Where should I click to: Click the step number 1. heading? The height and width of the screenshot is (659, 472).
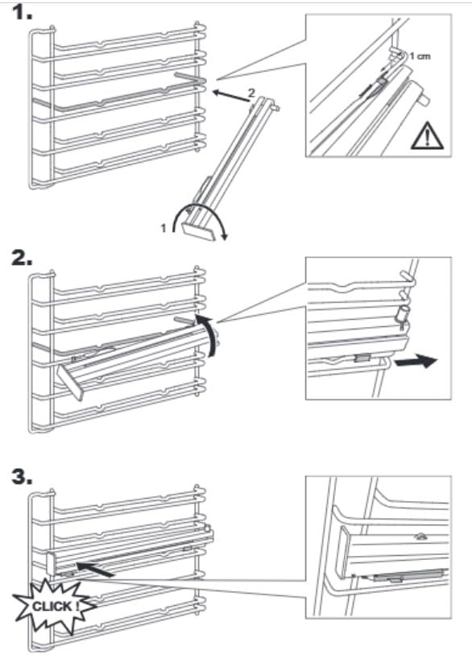23,13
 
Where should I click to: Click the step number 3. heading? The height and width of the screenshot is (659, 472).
23,477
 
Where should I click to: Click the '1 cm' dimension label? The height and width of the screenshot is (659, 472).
420,56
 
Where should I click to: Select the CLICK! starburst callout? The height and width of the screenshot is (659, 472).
53,607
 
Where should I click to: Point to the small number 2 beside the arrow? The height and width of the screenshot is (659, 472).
251,93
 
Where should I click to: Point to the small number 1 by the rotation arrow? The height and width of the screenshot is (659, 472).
164,228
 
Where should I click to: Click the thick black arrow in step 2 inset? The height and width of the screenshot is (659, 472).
416,362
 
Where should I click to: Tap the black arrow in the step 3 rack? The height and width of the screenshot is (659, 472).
94,570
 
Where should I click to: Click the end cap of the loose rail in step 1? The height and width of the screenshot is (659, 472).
198,231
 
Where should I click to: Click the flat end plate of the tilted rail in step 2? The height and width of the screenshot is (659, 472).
71,382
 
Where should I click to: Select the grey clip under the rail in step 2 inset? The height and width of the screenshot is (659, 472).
362,358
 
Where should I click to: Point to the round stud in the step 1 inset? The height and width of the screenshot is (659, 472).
424,101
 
